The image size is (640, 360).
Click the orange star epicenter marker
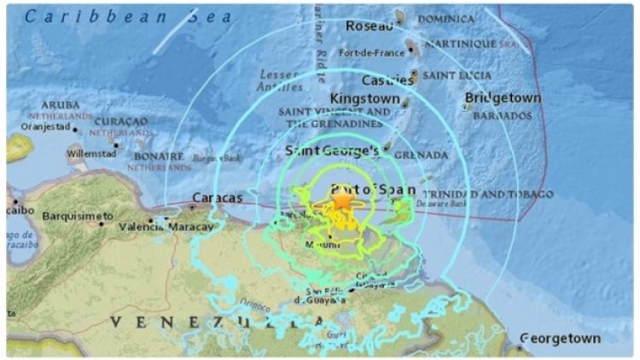pyautogui.click(x=341, y=200)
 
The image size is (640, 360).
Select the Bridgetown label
pyautogui.click(x=503, y=99)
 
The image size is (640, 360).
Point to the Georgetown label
pyautogui.click(x=560, y=339)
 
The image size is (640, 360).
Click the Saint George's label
pyautogui.click(x=332, y=151)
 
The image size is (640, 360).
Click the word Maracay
pyautogui.click(x=190, y=227)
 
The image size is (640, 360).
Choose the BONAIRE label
pyautogui.click(x=158, y=157)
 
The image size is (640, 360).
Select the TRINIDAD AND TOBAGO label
pyautogui.click(x=488, y=195)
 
